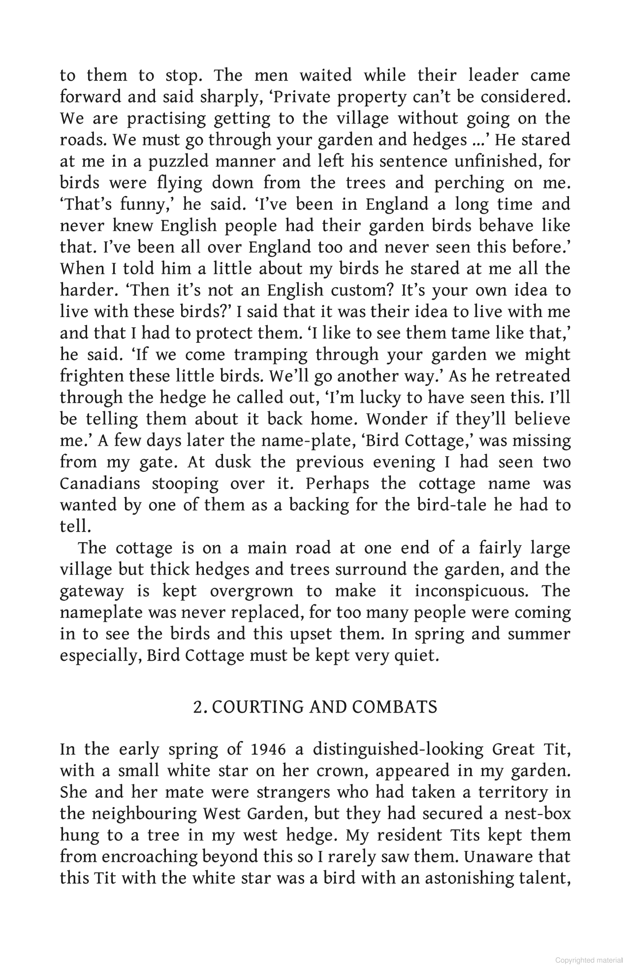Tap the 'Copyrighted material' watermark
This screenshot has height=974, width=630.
click(x=589, y=960)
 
